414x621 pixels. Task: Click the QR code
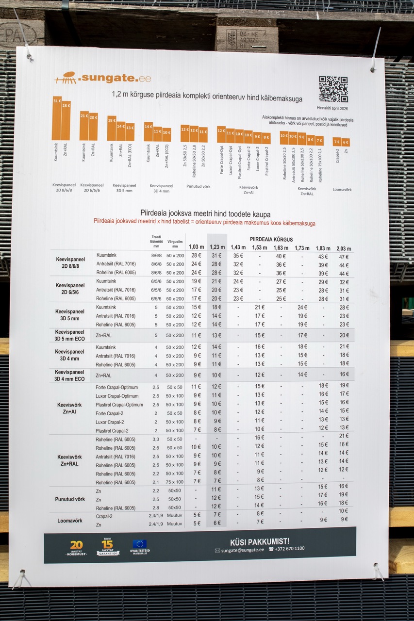point(333,89)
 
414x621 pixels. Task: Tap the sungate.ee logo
point(102,78)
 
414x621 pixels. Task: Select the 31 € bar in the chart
point(57,118)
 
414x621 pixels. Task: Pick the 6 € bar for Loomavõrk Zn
point(345,142)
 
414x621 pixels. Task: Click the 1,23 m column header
point(216,247)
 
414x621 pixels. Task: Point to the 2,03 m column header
point(344,248)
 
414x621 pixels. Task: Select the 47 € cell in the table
point(344,256)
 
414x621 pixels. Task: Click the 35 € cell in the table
point(238,256)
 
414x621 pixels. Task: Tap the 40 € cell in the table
point(281,256)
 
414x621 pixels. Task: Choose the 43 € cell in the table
point(323,256)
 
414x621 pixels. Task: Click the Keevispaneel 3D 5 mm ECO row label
point(69,335)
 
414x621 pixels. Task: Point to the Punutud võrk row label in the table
point(70,499)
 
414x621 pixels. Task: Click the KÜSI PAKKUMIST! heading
point(260,541)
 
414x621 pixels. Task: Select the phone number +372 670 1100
point(286,549)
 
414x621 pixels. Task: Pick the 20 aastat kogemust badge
point(76,548)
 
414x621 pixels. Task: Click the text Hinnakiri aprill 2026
point(332,108)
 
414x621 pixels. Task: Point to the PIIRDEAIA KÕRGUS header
point(271,239)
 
